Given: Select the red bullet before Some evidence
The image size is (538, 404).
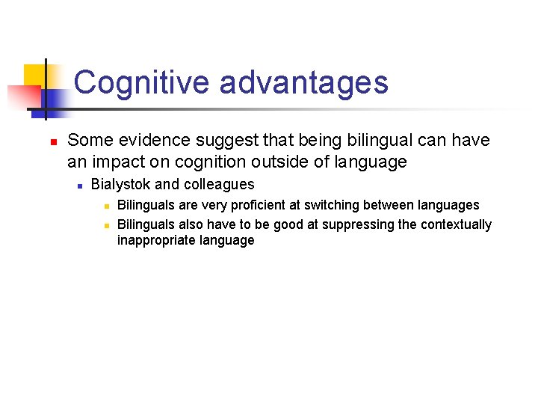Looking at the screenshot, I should point(44,141).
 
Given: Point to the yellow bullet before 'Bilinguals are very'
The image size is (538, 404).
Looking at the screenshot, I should point(107,206).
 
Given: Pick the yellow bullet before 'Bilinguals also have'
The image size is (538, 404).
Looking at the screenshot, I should point(107,225).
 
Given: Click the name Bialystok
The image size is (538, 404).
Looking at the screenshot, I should point(120,185).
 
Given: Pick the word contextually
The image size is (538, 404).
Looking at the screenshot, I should point(456,224).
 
